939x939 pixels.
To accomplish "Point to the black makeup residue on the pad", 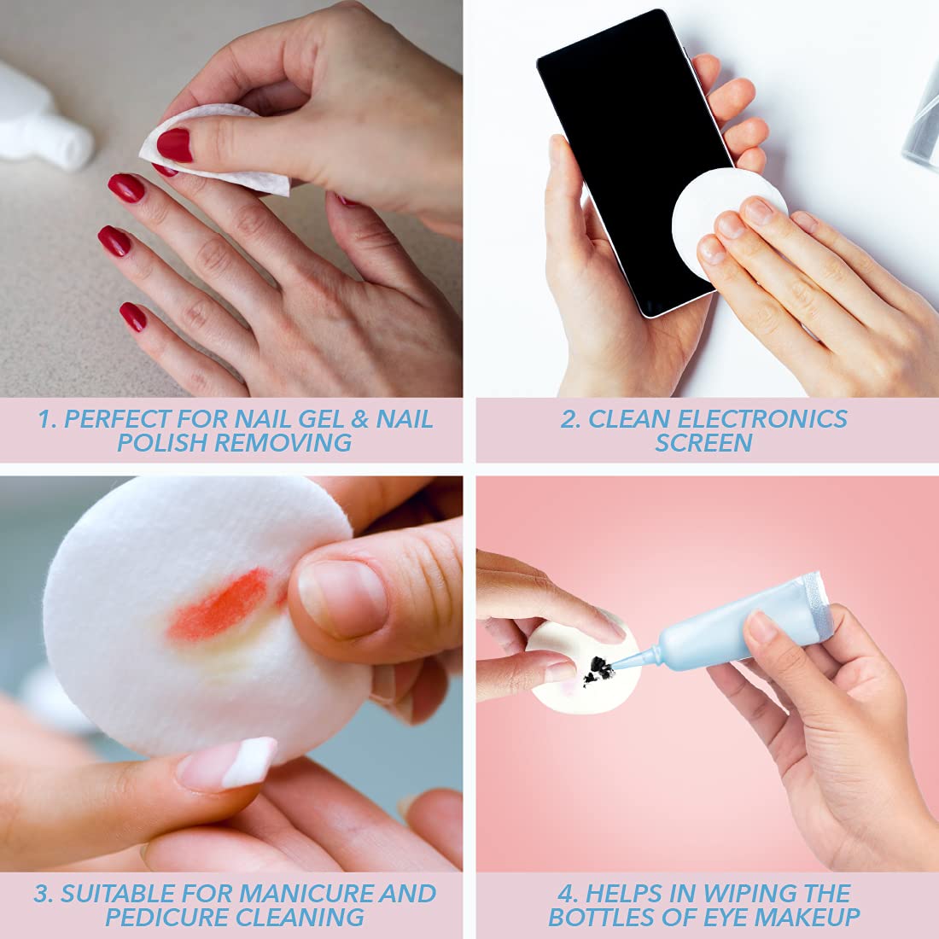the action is pos(599,670).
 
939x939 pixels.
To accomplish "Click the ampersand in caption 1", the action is pos(359,418).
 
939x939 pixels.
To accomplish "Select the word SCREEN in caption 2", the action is pos(703,442).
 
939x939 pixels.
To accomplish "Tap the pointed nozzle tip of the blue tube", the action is pos(613,668).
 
